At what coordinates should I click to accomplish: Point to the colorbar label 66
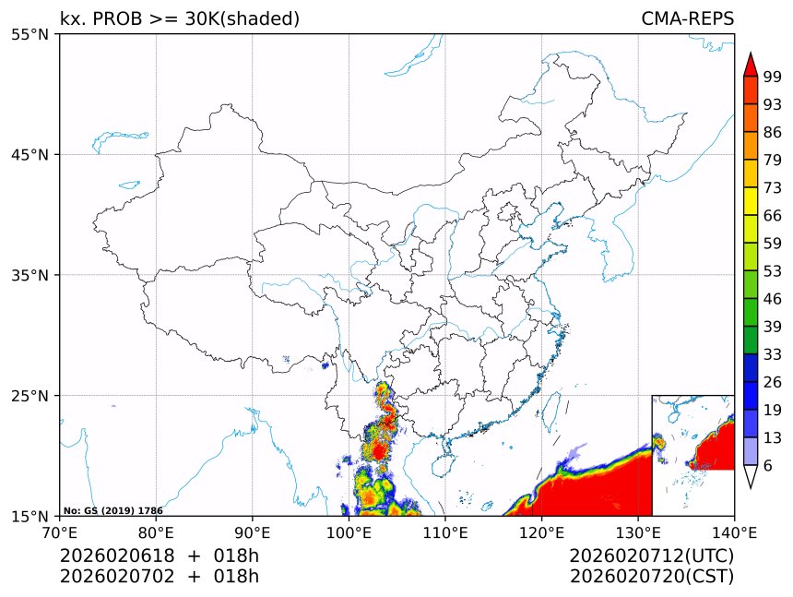(773, 215)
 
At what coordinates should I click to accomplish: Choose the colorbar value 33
(773, 354)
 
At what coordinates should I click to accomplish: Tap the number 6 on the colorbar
(768, 466)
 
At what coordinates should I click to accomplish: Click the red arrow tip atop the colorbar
(751, 65)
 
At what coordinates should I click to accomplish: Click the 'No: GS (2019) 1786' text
(112, 510)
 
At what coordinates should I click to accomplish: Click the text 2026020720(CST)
(652, 577)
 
